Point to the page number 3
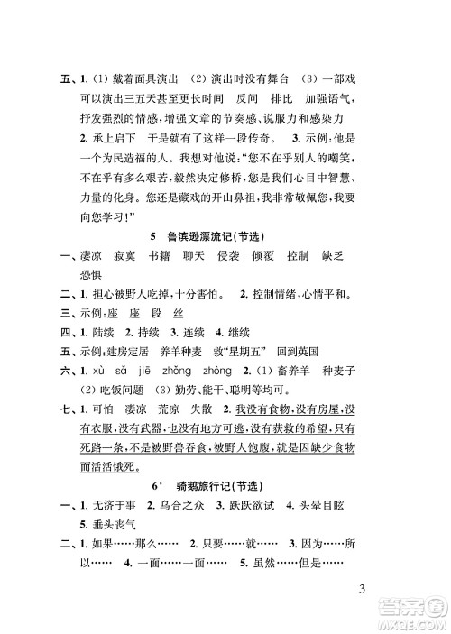(361, 591)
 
